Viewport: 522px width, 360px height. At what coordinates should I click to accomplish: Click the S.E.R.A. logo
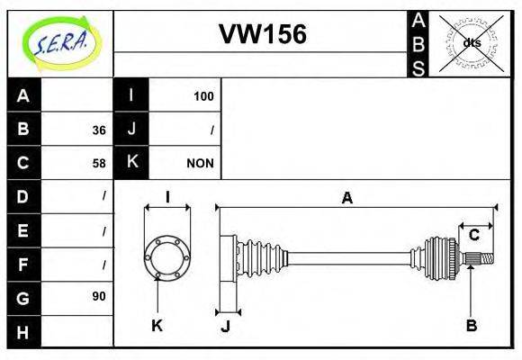59,42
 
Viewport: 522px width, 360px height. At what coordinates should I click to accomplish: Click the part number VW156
262,34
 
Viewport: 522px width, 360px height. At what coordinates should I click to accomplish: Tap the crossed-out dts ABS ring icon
471,42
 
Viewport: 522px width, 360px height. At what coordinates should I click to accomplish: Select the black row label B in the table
23,129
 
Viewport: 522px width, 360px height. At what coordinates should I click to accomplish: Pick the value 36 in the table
99,130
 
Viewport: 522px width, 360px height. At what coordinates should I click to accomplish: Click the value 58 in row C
99,164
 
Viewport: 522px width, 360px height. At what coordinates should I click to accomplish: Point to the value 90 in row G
99,296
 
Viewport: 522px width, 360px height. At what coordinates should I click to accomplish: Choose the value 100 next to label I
203,95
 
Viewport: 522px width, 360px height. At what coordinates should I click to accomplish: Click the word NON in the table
200,164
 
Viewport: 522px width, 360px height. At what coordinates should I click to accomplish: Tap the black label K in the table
131,163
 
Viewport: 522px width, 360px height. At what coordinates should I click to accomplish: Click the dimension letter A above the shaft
346,198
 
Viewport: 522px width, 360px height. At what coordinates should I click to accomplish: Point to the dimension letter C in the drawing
473,236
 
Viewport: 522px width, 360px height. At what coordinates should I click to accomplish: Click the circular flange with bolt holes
167,256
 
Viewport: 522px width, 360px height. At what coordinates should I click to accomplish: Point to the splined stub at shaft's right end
482,259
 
